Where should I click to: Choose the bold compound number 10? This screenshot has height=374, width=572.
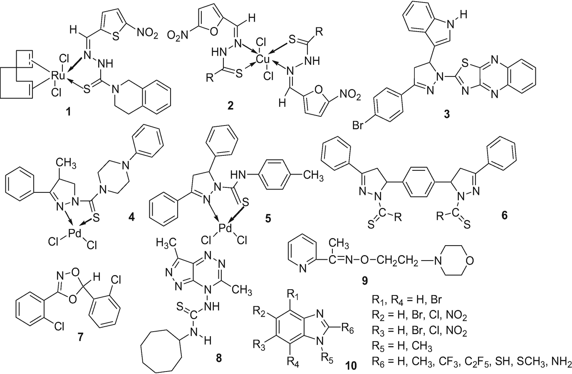pos(351,366)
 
